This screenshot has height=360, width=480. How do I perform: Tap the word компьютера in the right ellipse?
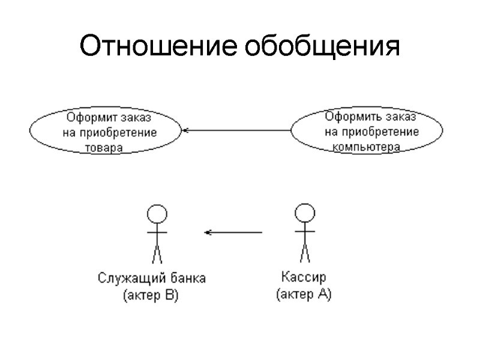pos(366,146)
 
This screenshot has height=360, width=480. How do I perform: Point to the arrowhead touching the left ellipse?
pos(185,130)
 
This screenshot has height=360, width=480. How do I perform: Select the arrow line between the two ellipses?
pos(240,130)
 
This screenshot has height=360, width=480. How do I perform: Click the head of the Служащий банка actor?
pos(157,214)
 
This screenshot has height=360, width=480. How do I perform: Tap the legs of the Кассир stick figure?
pos(305,253)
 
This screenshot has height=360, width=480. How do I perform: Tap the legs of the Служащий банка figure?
pos(157,253)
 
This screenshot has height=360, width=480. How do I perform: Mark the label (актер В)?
pos(151,296)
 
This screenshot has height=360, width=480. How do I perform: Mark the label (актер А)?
pos(303,295)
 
